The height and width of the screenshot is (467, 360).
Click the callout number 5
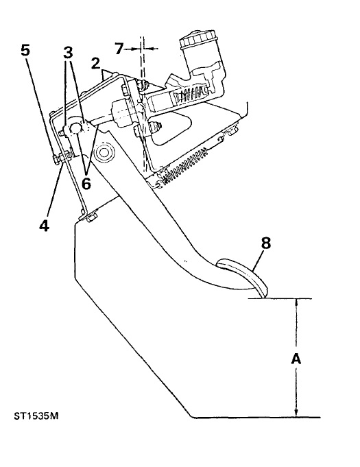pyautogui.click(x=25, y=50)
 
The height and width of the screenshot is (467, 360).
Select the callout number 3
pyautogui.click(x=68, y=53)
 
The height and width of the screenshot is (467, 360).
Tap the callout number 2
pyautogui.click(x=95, y=64)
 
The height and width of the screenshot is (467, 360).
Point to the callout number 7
pyautogui.click(x=119, y=49)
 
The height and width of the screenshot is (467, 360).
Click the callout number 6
pyautogui.click(x=86, y=184)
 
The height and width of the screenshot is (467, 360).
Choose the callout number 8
pyautogui.click(x=266, y=243)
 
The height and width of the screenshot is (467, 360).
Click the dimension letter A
pyautogui.click(x=296, y=359)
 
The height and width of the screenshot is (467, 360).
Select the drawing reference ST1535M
pyautogui.click(x=36, y=416)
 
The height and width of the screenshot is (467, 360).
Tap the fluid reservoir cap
pyautogui.click(x=197, y=39)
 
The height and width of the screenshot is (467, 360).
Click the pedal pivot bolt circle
pyautogui.click(x=104, y=152)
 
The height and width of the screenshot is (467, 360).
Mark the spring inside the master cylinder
pyautogui.click(x=191, y=94)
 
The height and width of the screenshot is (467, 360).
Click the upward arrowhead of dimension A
pyautogui.click(x=296, y=303)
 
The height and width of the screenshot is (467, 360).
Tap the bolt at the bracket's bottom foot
pyautogui.click(x=91, y=217)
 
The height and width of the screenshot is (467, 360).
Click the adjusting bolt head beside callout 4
pyautogui.click(x=56, y=158)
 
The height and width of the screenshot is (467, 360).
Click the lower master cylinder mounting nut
pyautogui.click(x=156, y=127)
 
